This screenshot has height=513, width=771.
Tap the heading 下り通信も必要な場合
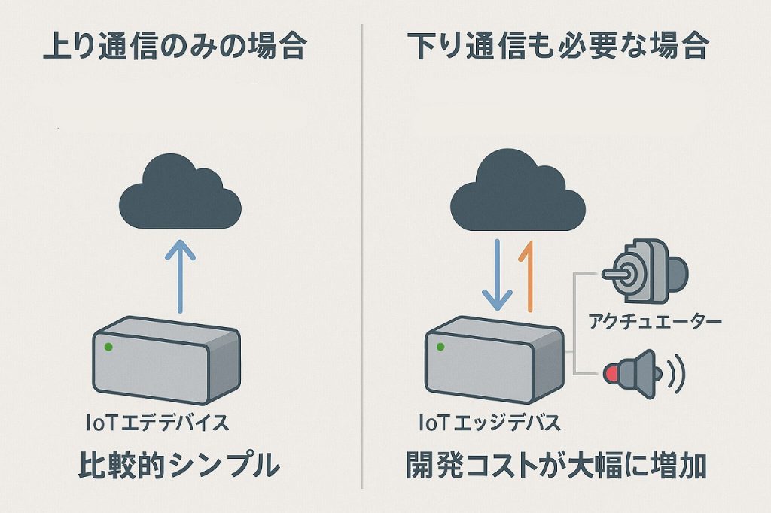(558, 47)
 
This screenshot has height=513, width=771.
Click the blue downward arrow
(497, 276)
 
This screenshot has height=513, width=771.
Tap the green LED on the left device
(109, 347)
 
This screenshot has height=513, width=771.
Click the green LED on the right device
(440, 347)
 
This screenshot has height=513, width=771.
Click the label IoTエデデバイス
(157, 423)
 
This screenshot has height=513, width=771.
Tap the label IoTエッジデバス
(489, 423)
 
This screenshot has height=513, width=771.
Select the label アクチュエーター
(654, 322)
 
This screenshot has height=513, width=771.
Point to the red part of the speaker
(611, 372)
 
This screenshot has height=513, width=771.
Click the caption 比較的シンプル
(178, 466)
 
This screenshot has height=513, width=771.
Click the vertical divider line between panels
(363, 256)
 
